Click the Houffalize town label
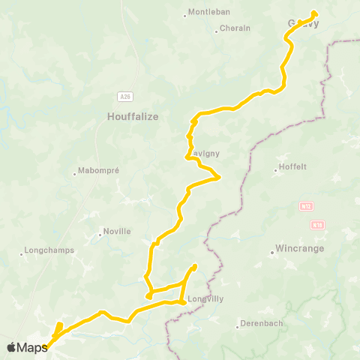[x=131, y=116]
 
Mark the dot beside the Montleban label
[x=184, y=15]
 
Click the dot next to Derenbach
[x=236, y=325]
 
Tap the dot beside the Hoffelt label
[x=276, y=171]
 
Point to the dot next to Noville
[x=100, y=234]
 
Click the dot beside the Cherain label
[x=216, y=31]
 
